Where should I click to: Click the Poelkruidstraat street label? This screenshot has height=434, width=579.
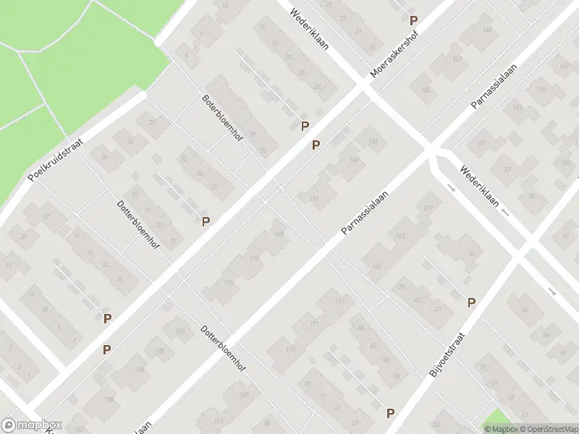56,160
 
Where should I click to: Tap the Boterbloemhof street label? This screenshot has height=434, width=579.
222,118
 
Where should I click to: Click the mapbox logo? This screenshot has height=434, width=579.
32,425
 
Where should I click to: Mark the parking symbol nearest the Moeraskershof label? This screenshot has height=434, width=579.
413,21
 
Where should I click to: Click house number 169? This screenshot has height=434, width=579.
279,233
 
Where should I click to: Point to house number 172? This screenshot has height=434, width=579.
253,258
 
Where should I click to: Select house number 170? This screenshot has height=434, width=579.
229,284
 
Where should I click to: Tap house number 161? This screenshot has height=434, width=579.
400,237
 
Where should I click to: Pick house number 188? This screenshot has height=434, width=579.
109,399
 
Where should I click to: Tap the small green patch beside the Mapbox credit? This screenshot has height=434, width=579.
497,419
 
